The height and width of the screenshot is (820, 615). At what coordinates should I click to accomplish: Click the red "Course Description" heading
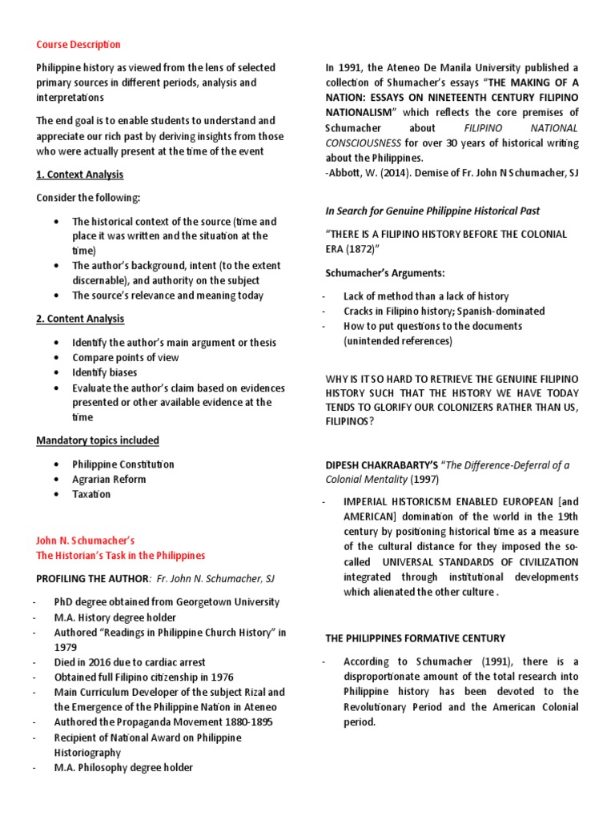(x=78, y=44)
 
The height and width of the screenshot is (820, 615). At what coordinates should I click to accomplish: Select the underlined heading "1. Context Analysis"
(x=80, y=174)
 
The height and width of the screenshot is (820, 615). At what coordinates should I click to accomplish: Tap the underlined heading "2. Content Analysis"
(x=80, y=319)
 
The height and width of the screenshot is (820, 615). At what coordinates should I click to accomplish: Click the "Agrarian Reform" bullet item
(x=109, y=479)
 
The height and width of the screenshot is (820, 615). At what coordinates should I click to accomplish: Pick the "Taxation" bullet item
(x=91, y=494)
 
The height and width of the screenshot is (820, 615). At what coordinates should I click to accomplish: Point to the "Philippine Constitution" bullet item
(x=123, y=464)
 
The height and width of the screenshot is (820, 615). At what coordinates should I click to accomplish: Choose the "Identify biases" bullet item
(x=104, y=372)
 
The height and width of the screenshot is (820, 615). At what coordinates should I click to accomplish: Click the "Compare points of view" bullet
(x=125, y=357)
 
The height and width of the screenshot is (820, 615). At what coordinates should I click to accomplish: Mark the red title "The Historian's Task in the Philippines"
(x=120, y=555)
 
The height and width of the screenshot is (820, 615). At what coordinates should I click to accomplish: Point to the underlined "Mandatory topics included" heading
(x=98, y=440)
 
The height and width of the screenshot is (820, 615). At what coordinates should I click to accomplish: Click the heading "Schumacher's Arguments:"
(x=372, y=272)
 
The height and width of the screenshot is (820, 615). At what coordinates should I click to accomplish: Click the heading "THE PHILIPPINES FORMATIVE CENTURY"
(x=414, y=638)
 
